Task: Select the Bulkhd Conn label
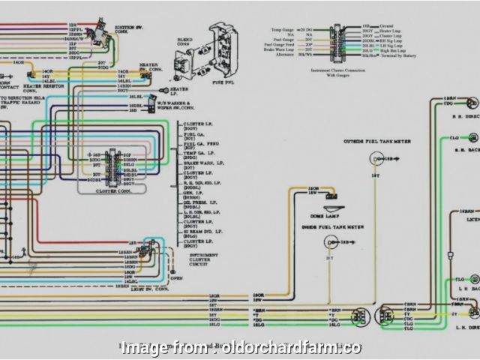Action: (184, 43)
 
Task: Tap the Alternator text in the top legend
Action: (288, 55)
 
